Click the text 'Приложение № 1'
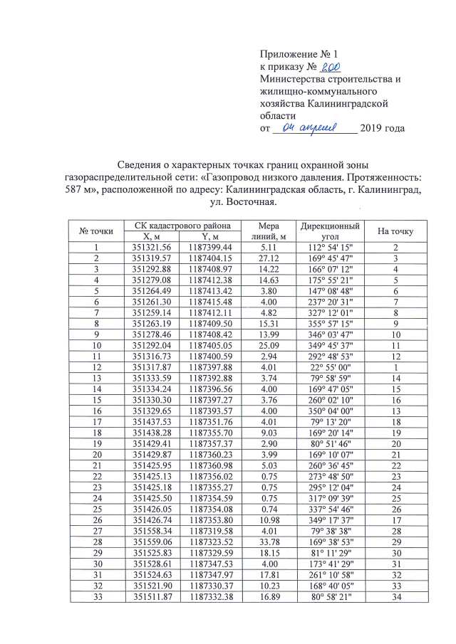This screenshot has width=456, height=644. tap(297, 55)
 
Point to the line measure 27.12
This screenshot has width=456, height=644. tap(274, 258)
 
